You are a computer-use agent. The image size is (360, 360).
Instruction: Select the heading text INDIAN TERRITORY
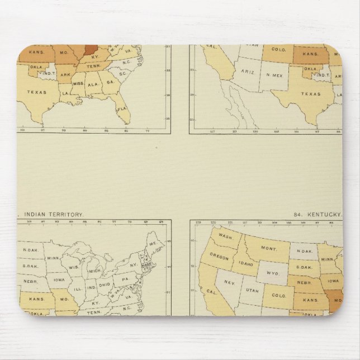pos(54,214)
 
